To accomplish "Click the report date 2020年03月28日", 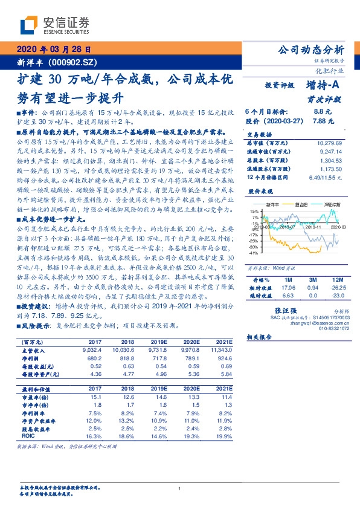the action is point(53,50).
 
